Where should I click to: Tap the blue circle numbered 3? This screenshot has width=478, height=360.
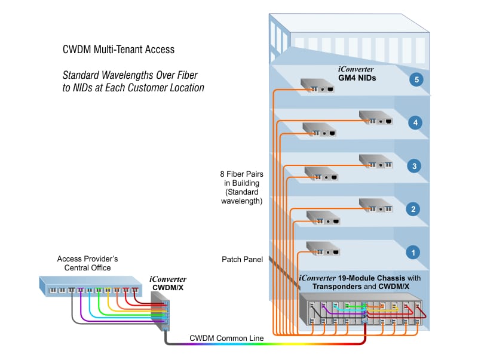point(412,166)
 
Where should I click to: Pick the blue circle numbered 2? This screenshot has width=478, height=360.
point(412,209)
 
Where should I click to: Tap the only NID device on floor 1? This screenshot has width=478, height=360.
point(323,247)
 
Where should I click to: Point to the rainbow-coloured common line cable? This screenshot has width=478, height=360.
point(269,346)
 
